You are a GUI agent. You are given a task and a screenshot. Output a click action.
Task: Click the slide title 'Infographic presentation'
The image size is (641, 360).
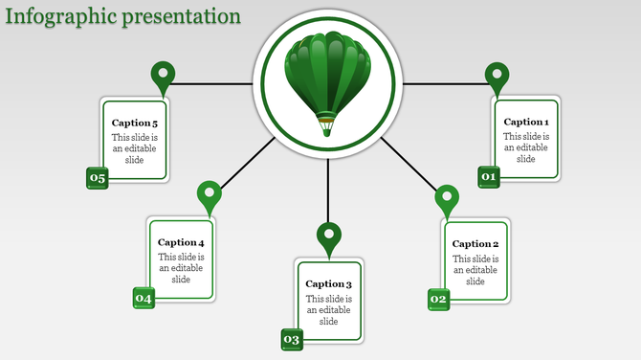click(x=122, y=16)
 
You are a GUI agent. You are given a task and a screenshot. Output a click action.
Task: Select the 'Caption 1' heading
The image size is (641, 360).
click(x=526, y=122)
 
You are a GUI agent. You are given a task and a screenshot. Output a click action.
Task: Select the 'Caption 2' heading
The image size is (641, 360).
click(x=475, y=244)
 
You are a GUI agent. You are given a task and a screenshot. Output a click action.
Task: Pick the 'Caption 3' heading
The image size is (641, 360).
click(x=329, y=284)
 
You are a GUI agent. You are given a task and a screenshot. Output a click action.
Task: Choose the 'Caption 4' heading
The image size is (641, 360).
click(x=181, y=243)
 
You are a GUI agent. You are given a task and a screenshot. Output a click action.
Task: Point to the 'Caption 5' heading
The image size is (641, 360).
click(x=135, y=123)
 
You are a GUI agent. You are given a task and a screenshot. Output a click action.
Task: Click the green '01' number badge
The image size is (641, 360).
click(x=489, y=176)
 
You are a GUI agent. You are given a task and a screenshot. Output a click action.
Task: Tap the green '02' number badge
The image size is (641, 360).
click(x=438, y=299)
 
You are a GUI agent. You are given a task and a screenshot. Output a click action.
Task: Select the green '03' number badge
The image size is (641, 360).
click(x=292, y=339)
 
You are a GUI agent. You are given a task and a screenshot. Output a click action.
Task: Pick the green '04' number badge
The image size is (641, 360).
click(x=144, y=298)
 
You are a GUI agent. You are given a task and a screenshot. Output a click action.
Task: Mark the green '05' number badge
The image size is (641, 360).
click(x=98, y=177)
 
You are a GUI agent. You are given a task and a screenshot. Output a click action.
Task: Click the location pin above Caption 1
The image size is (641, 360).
click(x=497, y=76)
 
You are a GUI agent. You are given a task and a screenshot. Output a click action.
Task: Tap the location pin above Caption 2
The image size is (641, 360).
click(x=447, y=199)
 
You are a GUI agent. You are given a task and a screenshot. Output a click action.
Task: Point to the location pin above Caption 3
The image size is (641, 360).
click(x=329, y=236)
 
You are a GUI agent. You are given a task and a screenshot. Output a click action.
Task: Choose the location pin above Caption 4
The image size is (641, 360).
click(x=209, y=195)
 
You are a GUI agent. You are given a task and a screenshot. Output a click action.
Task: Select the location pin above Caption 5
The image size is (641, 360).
click(x=164, y=76)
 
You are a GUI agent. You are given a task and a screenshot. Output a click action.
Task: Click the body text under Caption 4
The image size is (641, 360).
click(x=181, y=268)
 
